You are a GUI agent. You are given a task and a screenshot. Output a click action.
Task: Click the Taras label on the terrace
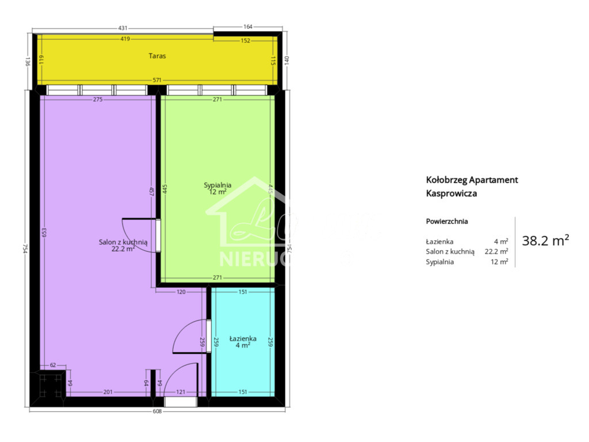tap(156, 56)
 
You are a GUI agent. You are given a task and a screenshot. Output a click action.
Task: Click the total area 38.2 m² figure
tap(545, 241)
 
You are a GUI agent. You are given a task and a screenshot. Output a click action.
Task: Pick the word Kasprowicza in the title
tap(451, 194)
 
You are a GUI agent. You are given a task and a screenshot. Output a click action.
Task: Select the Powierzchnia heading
tap(446, 221)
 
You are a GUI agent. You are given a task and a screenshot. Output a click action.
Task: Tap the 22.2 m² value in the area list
tap(496, 252)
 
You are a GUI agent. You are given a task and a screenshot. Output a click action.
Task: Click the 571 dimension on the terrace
tap(156, 80)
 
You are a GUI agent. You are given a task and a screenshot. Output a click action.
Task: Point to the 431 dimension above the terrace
tap(123, 28)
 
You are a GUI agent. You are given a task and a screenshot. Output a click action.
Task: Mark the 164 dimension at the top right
tap(248, 27)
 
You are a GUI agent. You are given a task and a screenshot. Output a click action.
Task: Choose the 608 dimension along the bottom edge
tap(157, 411)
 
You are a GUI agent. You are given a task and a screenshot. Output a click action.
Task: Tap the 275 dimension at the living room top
tap(98, 100)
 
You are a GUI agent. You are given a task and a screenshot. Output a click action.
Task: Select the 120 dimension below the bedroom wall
tap(181, 292)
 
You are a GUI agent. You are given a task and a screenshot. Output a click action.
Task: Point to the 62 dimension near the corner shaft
tap(53, 365)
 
